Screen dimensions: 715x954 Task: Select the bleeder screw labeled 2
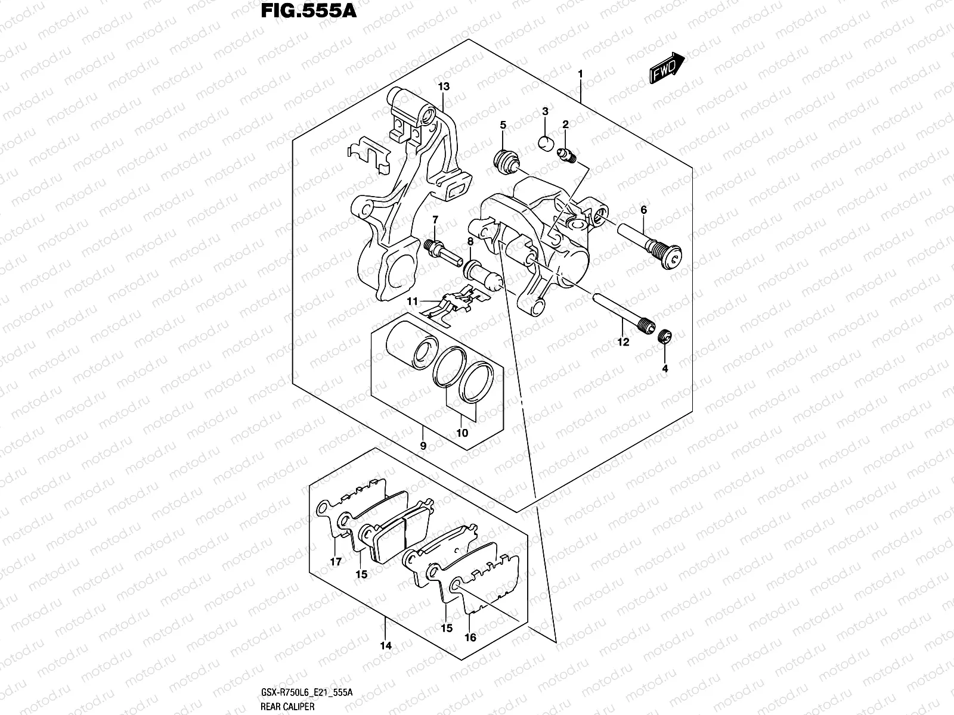567,156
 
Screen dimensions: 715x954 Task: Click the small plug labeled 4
666,338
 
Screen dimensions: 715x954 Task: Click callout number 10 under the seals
462,433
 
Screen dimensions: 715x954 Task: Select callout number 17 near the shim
335,561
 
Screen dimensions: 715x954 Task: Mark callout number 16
470,637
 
